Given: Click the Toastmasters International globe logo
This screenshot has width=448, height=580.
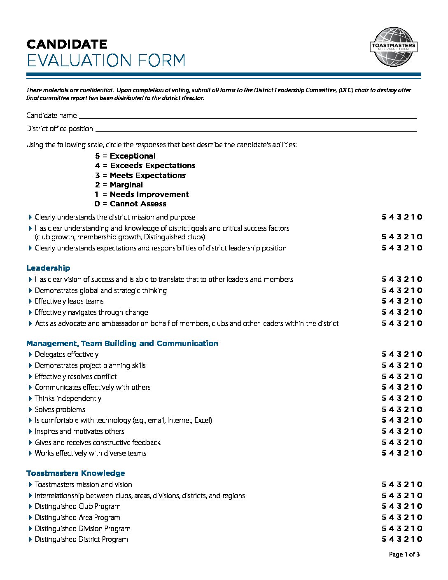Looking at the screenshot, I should coord(393,47).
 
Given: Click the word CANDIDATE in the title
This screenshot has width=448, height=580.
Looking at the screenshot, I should coord(67,44).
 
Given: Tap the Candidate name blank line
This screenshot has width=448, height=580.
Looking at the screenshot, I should coord(247,117).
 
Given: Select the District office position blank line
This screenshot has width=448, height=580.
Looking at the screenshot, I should coord(255,130).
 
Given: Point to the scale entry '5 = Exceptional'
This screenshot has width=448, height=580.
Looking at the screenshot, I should coord(125,156).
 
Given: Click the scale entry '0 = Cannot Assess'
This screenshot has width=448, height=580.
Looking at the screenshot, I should coord(130,204).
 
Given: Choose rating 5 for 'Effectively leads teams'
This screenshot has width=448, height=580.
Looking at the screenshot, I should coord(384,301).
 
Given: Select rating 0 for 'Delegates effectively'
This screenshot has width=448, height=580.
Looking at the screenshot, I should coord(420,354).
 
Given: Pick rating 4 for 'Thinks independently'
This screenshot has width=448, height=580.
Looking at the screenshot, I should coord(391,398).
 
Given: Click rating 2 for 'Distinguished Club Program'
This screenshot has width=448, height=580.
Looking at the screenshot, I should coord(406,506).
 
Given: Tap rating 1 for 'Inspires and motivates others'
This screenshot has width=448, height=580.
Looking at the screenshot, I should coord(413,431).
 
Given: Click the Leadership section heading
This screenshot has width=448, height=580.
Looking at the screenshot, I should coord(48,268).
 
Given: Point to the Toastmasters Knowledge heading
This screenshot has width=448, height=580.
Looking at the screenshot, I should coord(76,473).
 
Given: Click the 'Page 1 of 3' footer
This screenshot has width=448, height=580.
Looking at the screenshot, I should coord(404,554).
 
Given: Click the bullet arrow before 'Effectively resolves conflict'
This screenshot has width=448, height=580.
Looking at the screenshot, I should coord(30,377).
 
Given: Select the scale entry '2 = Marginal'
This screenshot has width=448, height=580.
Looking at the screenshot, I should coord(119,185).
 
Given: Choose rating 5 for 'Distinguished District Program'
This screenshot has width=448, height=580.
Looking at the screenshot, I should coord(384,539).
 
